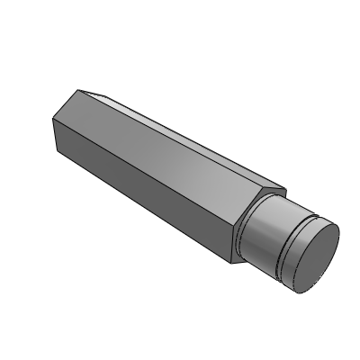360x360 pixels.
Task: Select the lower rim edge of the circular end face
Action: (x=306, y=290)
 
